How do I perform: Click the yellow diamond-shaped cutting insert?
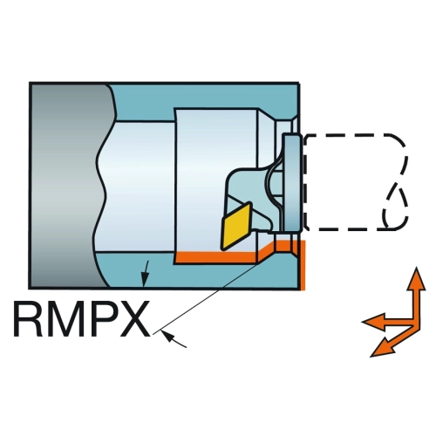click(236, 226)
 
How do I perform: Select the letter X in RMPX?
click(134, 319)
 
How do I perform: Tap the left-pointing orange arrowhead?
click(374, 322)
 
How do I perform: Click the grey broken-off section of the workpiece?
click(68, 186)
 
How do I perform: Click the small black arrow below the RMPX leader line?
click(174, 339)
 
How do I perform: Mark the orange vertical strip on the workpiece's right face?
click(303, 265)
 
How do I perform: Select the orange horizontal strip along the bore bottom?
click(216, 257)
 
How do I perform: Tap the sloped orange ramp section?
click(267, 250)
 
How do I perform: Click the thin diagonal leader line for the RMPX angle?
click(206, 299)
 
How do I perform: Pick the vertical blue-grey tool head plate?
click(293, 181)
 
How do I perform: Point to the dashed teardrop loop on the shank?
click(395, 205)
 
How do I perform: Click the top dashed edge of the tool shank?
click(349, 136)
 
